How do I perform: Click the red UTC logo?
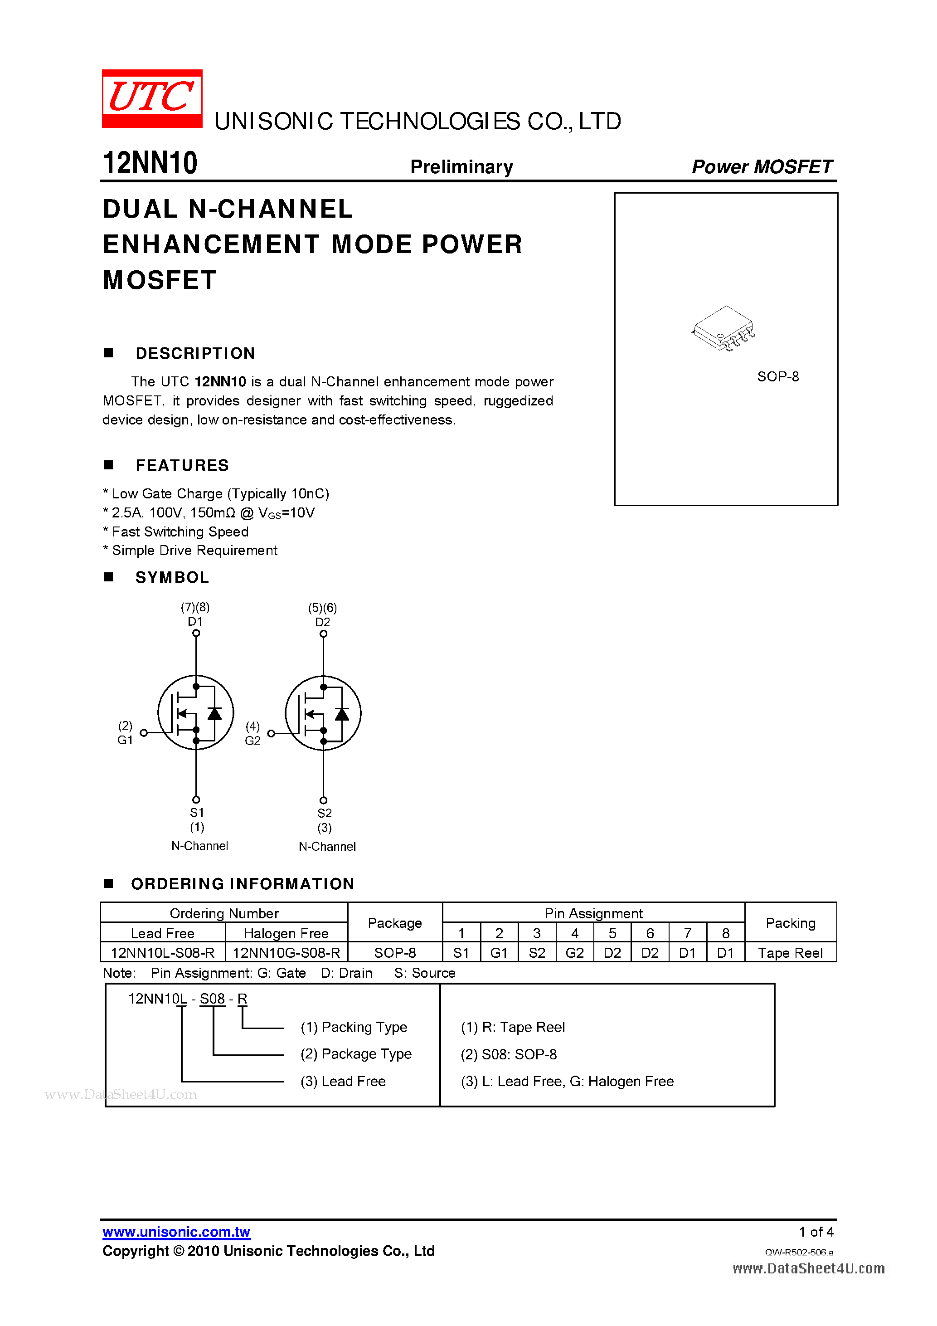pyautogui.click(x=152, y=98)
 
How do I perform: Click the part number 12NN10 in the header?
pyautogui.click(x=150, y=163)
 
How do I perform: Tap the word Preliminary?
pyautogui.click(x=461, y=167)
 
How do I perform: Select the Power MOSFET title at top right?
pyautogui.click(x=762, y=167)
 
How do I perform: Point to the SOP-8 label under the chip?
pyautogui.click(x=777, y=376)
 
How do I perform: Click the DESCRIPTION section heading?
pyautogui.click(x=195, y=353)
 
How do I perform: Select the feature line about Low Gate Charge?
pyautogui.click(x=216, y=494)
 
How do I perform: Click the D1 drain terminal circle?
pyautogui.click(x=196, y=633)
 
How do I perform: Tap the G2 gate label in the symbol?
pyautogui.click(x=252, y=741)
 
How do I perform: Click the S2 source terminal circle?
pyautogui.click(x=323, y=800)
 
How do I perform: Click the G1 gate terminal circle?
pyautogui.click(x=144, y=732)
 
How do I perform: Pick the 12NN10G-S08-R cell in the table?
pyautogui.click(x=286, y=952)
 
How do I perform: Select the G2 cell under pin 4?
pyautogui.click(x=574, y=952)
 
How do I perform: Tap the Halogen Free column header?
pyautogui.click(x=286, y=933)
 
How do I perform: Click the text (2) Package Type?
pyautogui.click(x=356, y=1054)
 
